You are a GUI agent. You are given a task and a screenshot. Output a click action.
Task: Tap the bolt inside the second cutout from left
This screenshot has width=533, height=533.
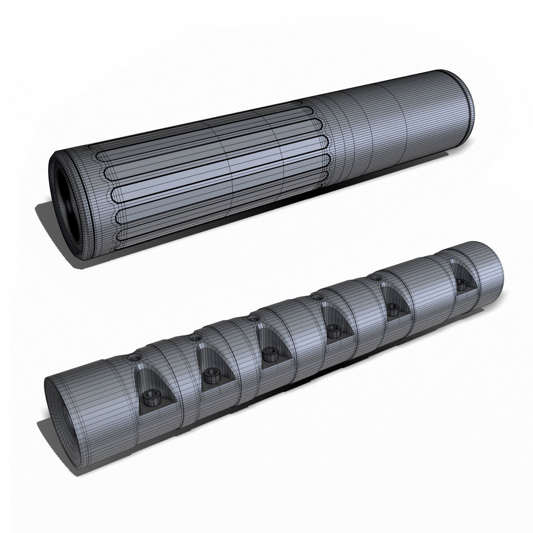point(210,376)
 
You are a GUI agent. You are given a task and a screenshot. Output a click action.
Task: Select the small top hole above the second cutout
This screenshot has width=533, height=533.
point(194,338)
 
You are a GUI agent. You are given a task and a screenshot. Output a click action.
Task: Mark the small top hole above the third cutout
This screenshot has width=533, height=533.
point(254,318)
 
